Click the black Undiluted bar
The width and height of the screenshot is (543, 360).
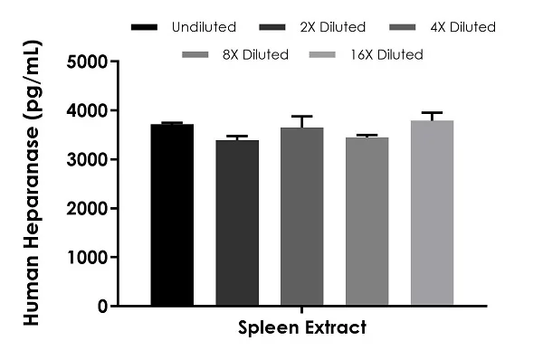(172, 214)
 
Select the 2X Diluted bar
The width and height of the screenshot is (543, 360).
(237, 223)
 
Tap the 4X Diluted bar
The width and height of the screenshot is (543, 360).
(302, 216)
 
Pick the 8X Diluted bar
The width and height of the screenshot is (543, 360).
(367, 222)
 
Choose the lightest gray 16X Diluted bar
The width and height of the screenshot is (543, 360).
(433, 213)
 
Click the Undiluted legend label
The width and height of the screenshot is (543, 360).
(204, 27)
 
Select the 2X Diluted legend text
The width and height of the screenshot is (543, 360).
(333, 27)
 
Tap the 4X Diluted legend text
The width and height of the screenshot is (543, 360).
(463, 27)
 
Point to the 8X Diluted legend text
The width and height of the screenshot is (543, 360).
(255, 54)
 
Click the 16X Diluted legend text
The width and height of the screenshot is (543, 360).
(386, 54)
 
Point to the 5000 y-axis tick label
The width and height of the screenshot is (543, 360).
(87, 62)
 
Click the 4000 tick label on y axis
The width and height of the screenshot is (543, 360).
(87, 111)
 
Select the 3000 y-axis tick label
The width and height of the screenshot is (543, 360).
(87, 160)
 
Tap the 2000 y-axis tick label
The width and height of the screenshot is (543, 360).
(87, 209)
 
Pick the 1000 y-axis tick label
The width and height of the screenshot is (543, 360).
(87, 258)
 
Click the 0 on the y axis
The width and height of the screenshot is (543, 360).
(102, 307)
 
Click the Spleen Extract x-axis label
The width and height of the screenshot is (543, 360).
(302, 327)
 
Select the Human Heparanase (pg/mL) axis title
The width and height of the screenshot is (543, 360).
(33, 183)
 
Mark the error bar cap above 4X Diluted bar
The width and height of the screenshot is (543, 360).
(302, 117)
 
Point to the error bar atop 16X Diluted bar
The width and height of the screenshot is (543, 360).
(433, 117)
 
